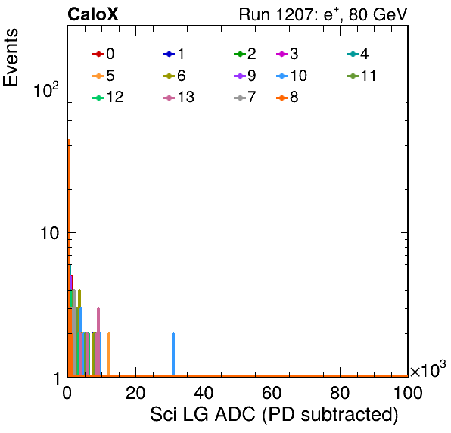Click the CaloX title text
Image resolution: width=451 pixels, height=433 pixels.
[93, 14]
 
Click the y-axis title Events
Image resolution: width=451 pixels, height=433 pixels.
[11, 58]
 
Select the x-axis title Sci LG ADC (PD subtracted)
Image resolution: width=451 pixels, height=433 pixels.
[274, 415]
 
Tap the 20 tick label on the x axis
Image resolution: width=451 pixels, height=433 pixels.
[135, 393]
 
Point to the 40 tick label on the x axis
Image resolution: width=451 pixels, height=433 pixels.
[204, 393]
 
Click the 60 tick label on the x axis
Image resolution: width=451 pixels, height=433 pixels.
[272, 393]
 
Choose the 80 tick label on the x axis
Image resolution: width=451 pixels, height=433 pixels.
[340, 393]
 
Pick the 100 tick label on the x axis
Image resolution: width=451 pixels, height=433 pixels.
[408, 393]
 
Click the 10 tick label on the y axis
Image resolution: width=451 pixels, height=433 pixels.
[49, 233]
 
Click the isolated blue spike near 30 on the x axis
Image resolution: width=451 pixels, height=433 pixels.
[173, 354]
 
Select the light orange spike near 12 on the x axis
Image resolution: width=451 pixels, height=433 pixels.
[109, 354]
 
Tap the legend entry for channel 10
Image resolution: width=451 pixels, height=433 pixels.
[291, 76]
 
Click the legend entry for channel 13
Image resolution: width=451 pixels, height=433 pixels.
[179, 98]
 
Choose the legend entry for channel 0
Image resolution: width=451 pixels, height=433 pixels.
[104, 54]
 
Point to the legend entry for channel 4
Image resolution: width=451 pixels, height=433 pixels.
[358, 54]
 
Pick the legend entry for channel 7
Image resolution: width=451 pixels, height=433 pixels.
[244, 98]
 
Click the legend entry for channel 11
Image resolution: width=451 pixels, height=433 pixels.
[362, 76]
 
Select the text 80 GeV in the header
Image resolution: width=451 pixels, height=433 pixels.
[378, 14]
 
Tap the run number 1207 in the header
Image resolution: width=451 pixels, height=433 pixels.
[295, 14]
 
